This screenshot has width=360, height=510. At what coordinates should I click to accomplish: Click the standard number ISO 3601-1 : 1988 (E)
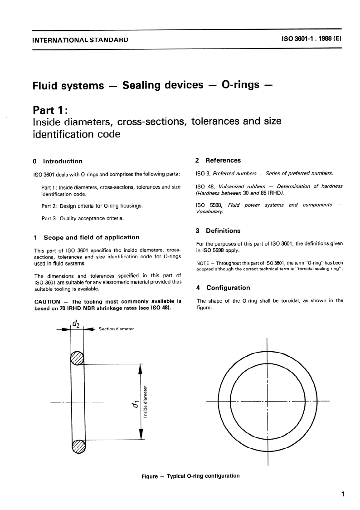311,39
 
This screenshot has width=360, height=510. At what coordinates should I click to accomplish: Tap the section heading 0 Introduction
58,161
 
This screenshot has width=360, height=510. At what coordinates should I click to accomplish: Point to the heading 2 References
218,160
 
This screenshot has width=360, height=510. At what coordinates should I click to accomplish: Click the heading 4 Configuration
223,287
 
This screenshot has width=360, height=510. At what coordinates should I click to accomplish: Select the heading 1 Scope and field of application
87,237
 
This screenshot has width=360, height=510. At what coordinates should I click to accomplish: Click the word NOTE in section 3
203,264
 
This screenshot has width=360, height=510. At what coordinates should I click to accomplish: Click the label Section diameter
116,329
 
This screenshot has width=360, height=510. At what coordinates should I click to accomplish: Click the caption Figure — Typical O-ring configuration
190,476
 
